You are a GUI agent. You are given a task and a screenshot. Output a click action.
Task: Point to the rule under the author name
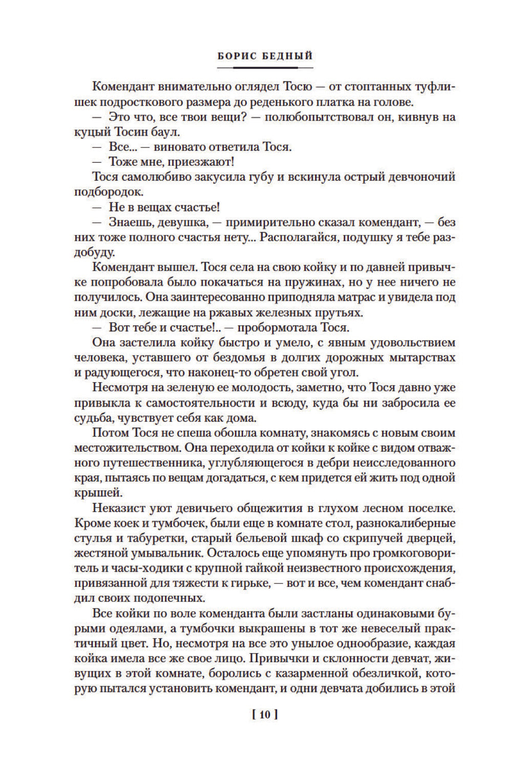click(x=265, y=67)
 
